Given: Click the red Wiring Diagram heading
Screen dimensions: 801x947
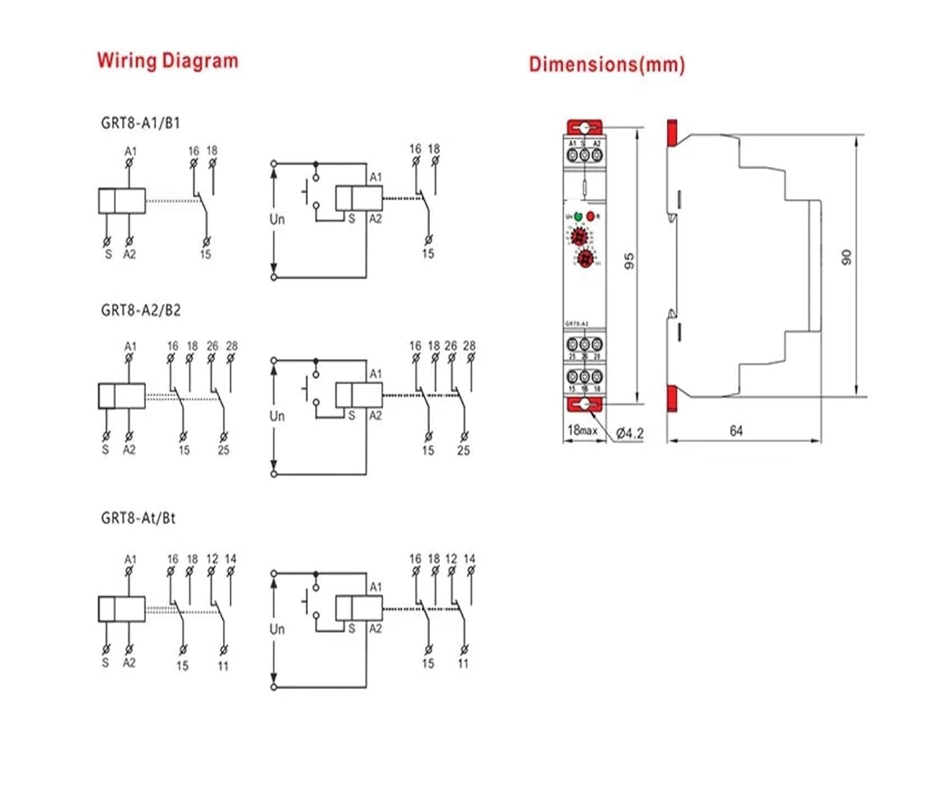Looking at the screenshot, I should (x=167, y=61).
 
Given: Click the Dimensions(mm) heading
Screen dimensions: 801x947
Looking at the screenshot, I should (x=606, y=64).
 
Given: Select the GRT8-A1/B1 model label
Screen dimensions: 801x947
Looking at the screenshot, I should (x=140, y=123).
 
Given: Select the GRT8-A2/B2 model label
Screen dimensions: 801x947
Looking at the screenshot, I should (x=140, y=310).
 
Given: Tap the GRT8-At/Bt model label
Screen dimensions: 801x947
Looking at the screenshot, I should (x=138, y=518).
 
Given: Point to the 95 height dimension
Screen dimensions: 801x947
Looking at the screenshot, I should (x=629, y=261).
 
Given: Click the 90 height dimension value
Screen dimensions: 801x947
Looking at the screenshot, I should (x=847, y=257).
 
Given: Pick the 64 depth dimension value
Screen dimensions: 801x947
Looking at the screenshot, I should (x=736, y=431).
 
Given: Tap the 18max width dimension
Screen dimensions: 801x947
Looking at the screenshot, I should (x=581, y=430).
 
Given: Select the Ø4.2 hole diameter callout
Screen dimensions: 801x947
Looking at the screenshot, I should (x=629, y=433).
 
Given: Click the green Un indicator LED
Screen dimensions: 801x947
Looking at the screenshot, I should (x=578, y=217).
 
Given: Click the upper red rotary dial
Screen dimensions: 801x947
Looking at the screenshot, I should (x=579, y=238).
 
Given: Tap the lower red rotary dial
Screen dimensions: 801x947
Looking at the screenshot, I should (x=585, y=258).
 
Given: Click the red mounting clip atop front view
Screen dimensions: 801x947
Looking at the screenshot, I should (x=585, y=127).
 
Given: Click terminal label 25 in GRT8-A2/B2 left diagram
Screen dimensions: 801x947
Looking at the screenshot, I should (x=223, y=450).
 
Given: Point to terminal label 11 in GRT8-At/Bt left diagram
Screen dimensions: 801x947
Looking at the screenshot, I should (x=223, y=665).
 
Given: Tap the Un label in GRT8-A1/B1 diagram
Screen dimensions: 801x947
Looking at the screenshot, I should (x=277, y=219).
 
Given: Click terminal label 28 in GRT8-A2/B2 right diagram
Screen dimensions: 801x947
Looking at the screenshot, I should (x=469, y=346).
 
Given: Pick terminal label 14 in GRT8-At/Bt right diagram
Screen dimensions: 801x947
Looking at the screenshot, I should (x=469, y=558).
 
